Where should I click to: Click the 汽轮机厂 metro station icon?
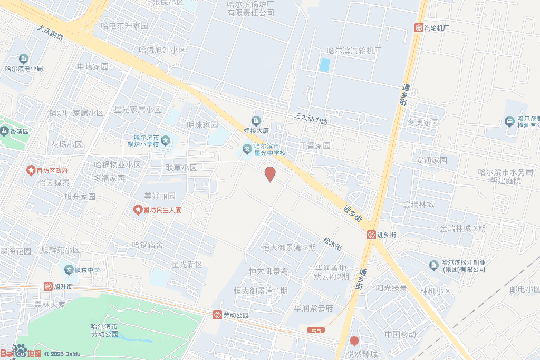418,28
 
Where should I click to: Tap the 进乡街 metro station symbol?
371,235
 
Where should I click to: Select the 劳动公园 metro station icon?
217,315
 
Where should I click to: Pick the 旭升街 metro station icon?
48,286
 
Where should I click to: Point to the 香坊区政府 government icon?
31,171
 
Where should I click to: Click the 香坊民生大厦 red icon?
138,210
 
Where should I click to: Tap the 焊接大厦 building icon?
256,121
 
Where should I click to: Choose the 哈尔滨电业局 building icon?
24,59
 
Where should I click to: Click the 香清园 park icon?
4,131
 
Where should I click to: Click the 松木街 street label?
333,244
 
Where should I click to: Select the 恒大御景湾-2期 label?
289,247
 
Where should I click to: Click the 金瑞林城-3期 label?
462,228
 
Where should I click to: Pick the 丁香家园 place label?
315,145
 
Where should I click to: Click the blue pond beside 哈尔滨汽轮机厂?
325,65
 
